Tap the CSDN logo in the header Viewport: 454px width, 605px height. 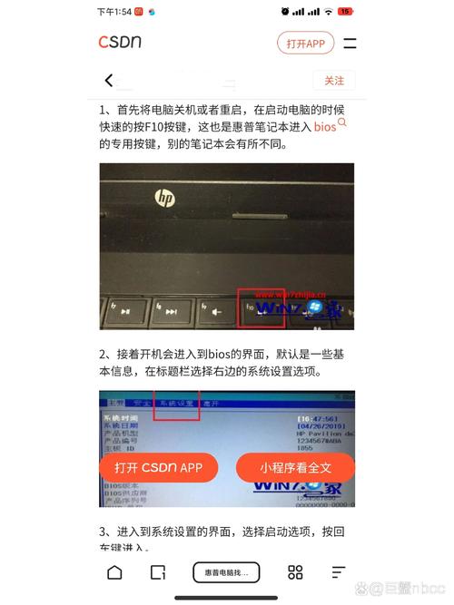120,42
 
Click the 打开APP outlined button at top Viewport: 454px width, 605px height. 305,43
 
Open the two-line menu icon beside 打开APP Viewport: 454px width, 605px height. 350,43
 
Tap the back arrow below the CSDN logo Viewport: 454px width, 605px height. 109,81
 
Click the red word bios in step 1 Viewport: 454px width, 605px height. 325,128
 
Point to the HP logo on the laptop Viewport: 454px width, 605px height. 163,197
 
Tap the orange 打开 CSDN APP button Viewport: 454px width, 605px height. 158,468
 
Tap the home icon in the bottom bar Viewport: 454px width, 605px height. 114,572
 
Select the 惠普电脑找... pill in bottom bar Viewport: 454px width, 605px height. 226,572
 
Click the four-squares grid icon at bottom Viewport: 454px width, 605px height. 295,572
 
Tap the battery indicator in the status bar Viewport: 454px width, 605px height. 345,12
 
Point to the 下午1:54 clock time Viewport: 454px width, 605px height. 113,12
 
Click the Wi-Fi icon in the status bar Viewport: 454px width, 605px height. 327,12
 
